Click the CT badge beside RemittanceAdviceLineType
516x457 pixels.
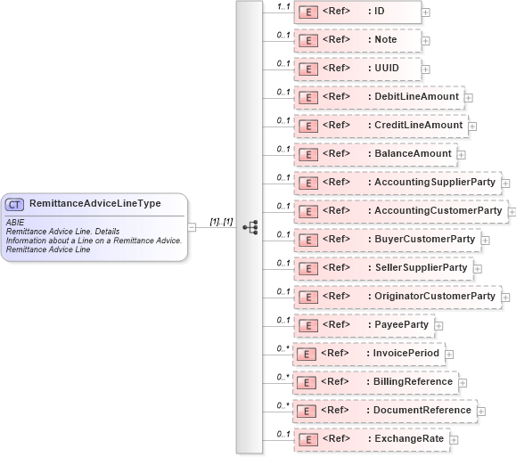[x=15, y=204]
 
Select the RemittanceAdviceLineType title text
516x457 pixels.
[x=94, y=203]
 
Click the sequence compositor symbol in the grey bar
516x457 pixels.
[x=250, y=227]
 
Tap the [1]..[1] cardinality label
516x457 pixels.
[x=220, y=221]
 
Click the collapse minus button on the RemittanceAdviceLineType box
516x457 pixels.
[x=192, y=227]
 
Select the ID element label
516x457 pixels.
[x=378, y=11]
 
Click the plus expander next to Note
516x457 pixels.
[x=426, y=41]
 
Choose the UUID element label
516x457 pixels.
[x=385, y=68]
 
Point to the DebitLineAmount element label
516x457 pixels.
[x=416, y=96]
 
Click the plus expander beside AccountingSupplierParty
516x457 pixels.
[x=505, y=184]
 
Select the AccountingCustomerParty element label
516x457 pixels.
[x=438, y=210]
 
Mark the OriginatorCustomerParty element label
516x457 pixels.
[x=434, y=296]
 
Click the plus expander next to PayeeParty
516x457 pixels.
[x=438, y=326]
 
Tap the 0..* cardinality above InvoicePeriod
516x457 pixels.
[x=283, y=347]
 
